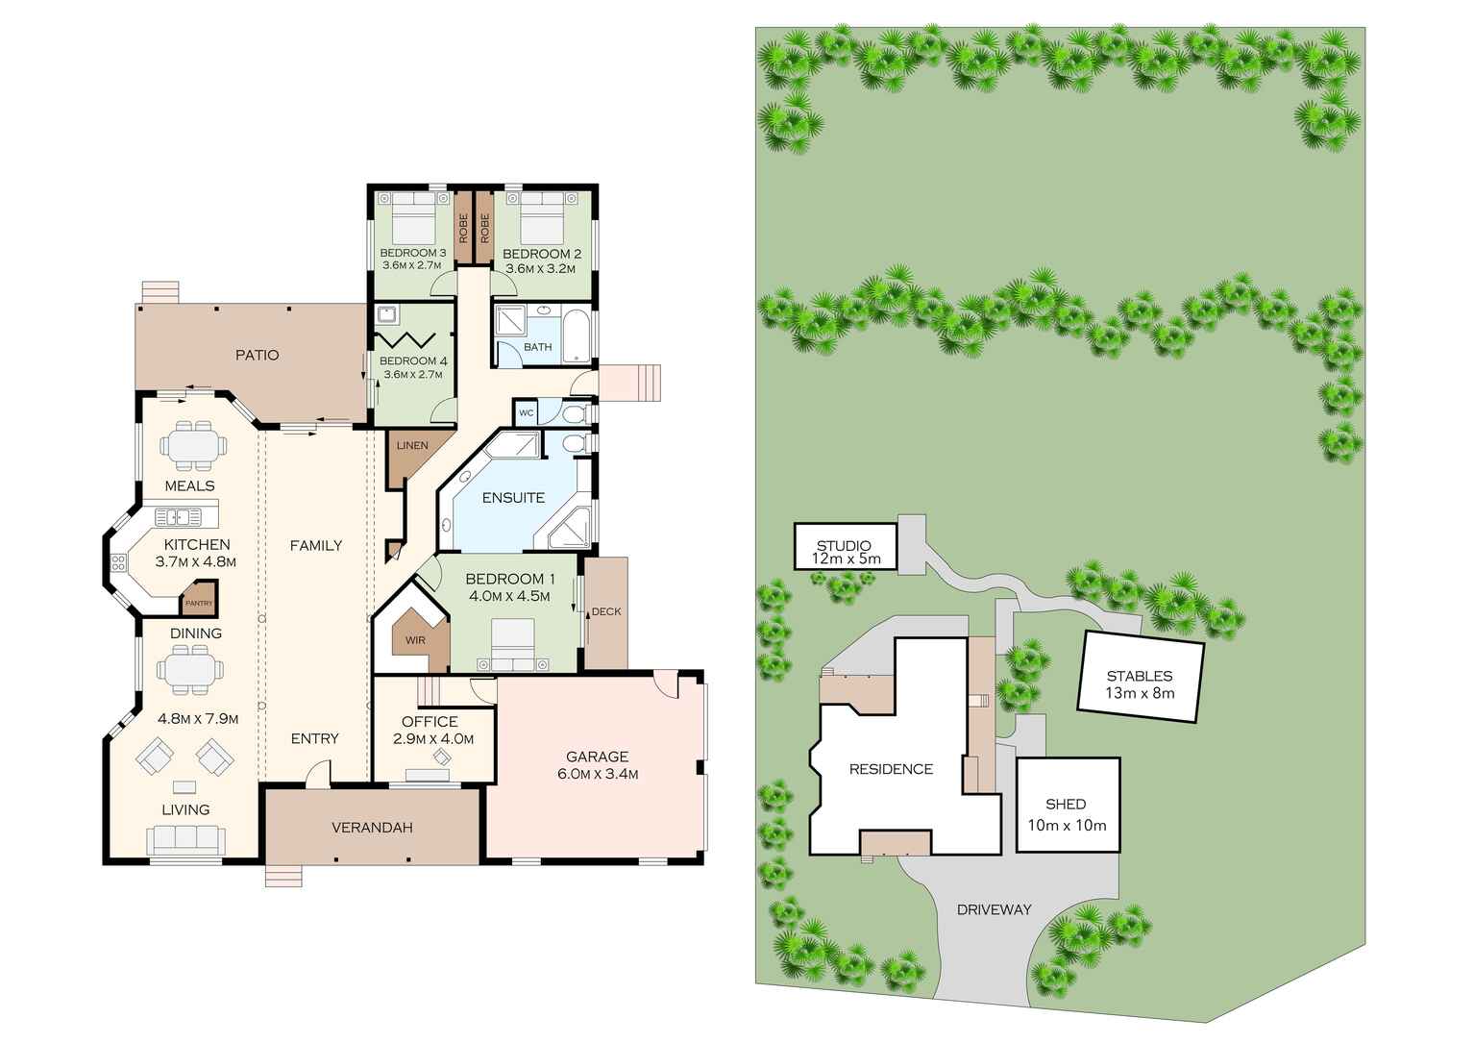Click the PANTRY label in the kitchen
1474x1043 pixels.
click(199, 603)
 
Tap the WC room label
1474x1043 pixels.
click(526, 412)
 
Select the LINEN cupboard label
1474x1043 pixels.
click(412, 446)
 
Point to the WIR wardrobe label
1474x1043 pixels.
click(415, 640)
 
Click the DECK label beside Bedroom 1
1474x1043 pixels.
click(606, 611)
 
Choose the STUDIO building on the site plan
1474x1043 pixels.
click(844, 546)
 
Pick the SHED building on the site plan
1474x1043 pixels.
click(1067, 805)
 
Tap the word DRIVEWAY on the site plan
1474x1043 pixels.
click(994, 909)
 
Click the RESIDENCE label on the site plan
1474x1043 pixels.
click(891, 769)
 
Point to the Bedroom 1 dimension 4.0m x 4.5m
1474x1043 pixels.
click(509, 596)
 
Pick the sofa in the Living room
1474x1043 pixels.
click(185, 840)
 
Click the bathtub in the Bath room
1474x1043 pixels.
click(577, 335)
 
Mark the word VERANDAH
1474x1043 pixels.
click(372, 828)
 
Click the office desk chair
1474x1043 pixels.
click(441, 757)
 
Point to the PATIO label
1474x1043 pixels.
click(258, 356)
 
